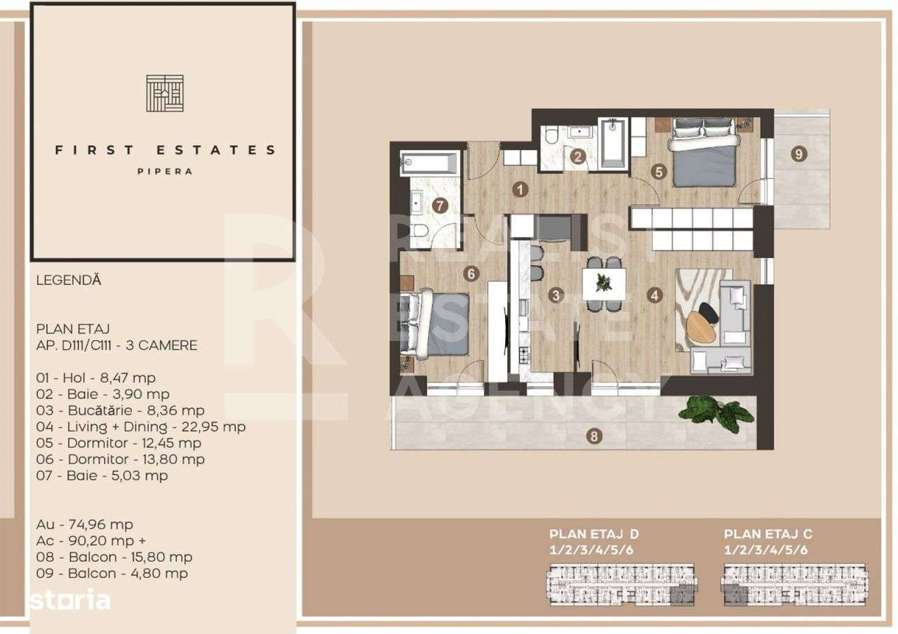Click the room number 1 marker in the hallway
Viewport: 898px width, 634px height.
click(520, 189)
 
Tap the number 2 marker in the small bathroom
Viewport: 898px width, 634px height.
click(578, 157)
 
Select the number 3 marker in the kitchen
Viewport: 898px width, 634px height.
click(556, 295)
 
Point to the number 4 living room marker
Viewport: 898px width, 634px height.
click(655, 295)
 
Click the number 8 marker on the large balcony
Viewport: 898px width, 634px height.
click(595, 437)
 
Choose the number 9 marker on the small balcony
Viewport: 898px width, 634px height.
click(800, 154)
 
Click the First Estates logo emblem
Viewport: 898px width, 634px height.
click(165, 93)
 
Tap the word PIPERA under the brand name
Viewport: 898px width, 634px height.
click(166, 171)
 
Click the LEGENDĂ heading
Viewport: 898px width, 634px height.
click(69, 280)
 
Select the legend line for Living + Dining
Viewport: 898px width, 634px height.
click(141, 426)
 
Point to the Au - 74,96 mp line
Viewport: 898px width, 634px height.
click(85, 524)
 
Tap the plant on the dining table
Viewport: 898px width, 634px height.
click(603, 282)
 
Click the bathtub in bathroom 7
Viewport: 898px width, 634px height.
click(429, 163)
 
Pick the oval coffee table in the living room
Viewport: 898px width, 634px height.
click(701, 328)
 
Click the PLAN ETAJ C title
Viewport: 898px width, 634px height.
click(768, 534)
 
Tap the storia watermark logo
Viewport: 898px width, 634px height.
click(69, 600)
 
